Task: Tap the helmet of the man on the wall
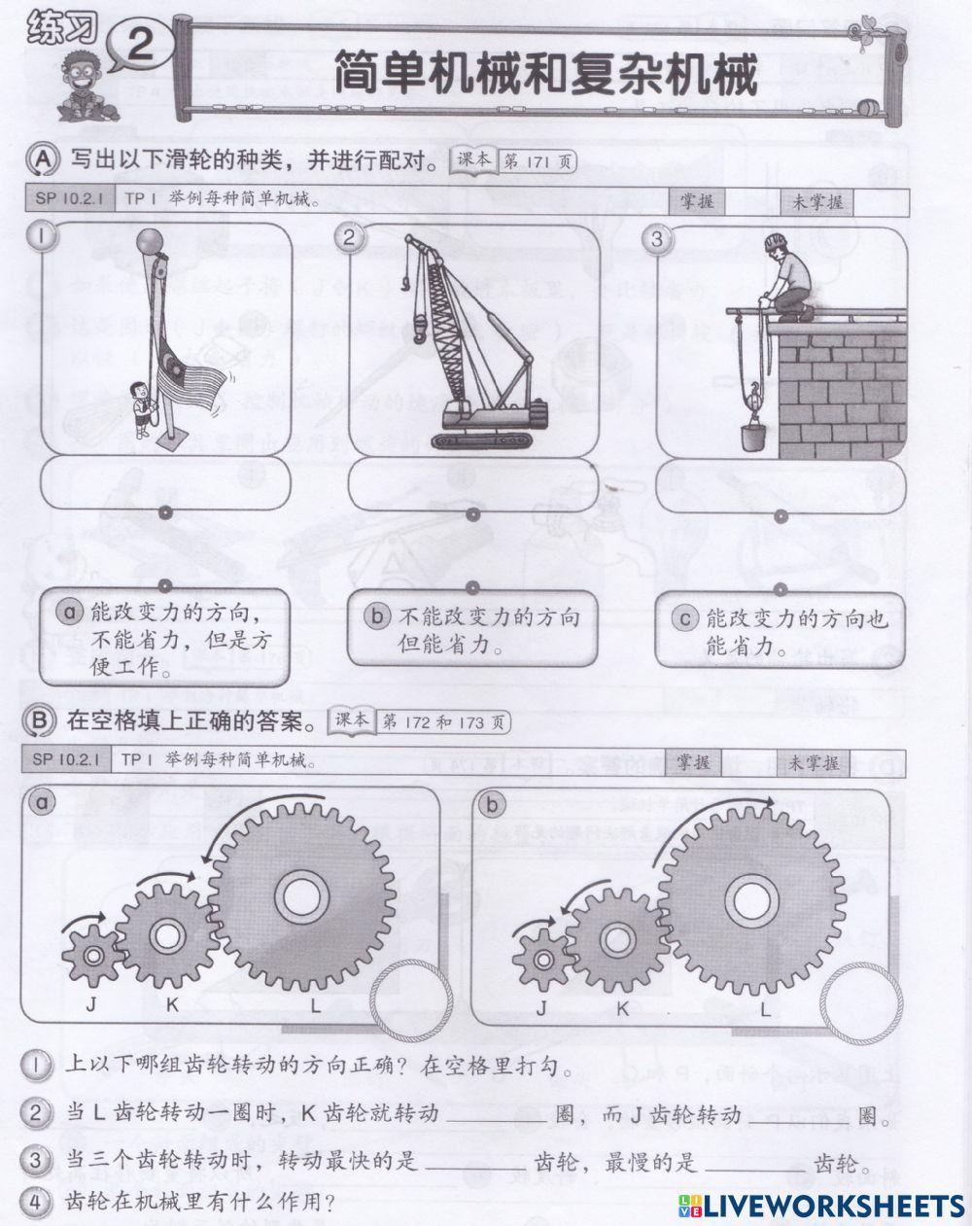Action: [x=774, y=241]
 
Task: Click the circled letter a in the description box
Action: [x=68, y=613]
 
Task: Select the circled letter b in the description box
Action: [x=376, y=615]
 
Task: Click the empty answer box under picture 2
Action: [x=471, y=483]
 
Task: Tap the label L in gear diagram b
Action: [x=765, y=1009]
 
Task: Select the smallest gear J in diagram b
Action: [x=543, y=955]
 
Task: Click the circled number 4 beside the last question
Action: [x=35, y=1203]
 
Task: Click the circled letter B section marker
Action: [x=38, y=721]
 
